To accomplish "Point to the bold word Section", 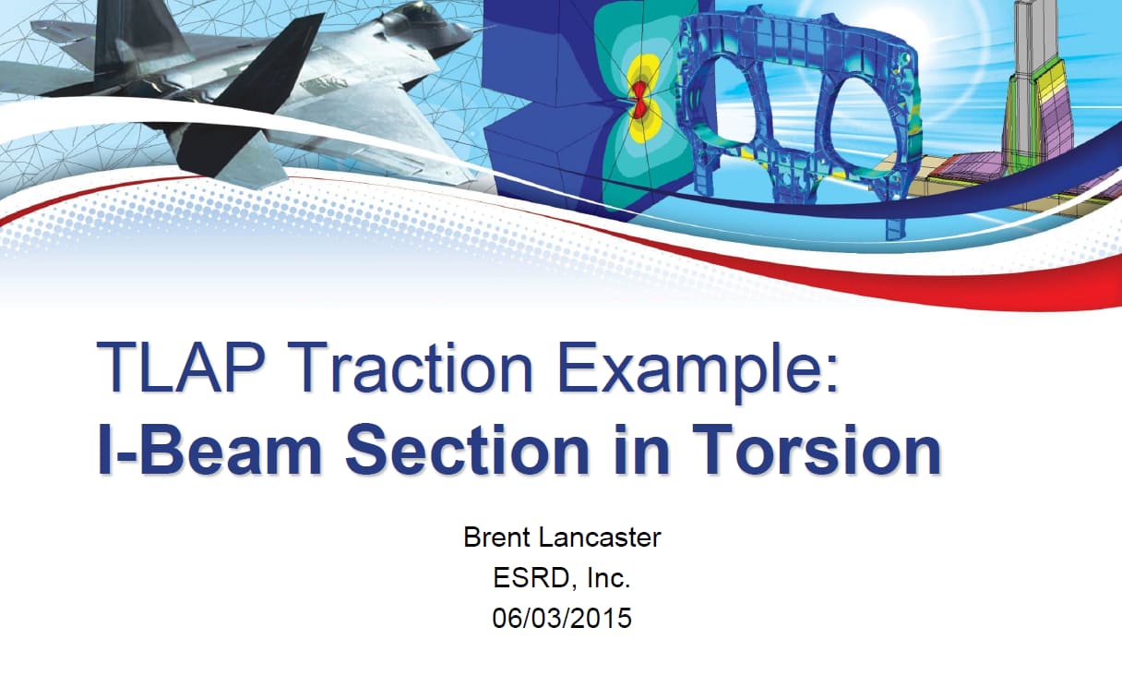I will pos(465,450).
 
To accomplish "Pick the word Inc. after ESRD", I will pos(608,578).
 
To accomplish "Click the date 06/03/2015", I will pos(562,618).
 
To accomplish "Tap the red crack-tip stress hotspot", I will pos(639,97).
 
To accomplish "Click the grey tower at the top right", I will pos(1028,37).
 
